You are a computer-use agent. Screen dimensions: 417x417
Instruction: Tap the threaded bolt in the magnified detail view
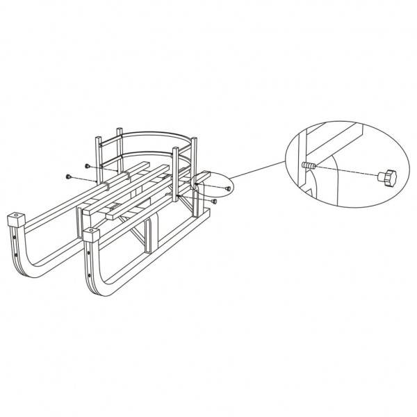[309, 166]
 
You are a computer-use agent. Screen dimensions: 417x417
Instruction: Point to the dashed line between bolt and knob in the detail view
[347, 172]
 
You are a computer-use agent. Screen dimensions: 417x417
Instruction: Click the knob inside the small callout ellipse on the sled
[229, 188]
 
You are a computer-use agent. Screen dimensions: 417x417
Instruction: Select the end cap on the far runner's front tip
[15, 220]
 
